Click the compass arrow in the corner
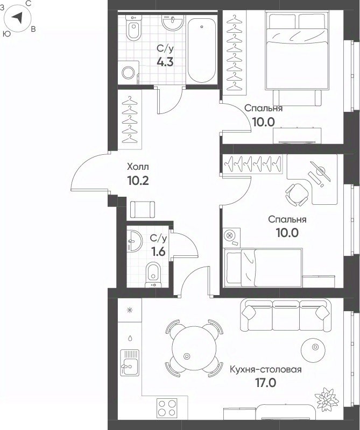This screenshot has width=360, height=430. (17, 18)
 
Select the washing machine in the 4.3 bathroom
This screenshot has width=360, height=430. (129, 73)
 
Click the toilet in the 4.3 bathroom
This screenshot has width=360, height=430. (133, 27)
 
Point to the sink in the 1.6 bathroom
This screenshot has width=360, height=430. (135, 241)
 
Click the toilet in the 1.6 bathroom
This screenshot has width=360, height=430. (153, 275)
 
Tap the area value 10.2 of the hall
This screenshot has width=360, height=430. (138, 181)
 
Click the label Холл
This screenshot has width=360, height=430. (138, 167)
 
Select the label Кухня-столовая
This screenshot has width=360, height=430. (265, 370)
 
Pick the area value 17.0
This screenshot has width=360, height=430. (266, 383)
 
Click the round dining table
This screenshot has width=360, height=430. (194, 348)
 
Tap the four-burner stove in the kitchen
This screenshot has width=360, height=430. (167, 408)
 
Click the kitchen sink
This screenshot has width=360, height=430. (130, 363)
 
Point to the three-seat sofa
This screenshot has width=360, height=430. (285, 315)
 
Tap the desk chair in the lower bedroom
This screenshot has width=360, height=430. (297, 195)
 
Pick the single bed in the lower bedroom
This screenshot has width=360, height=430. (263, 267)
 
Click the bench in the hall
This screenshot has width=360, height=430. (142, 210)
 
